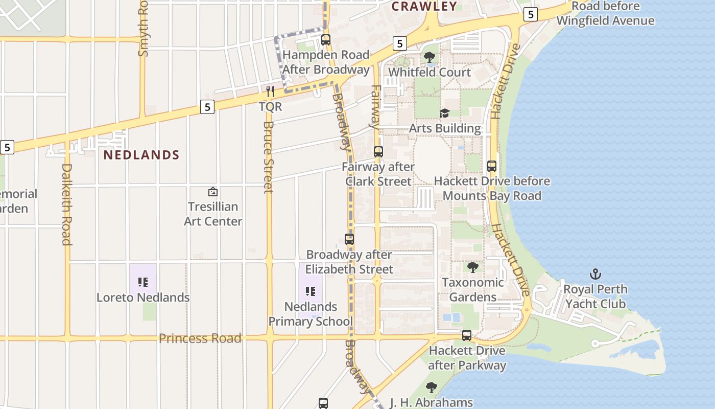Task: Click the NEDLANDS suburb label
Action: [141, 155]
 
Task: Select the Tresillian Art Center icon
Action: [213, 192]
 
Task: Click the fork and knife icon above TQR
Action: [270, 92]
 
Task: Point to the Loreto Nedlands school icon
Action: [143, 282]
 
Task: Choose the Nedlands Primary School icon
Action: [311, 291]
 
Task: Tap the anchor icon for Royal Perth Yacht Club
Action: [594, 274]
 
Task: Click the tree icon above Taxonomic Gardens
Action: [473, 267]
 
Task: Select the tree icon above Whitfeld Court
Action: [430, 57]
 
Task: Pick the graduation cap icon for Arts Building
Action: [444, 113]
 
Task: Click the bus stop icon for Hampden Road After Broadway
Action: [326, 39]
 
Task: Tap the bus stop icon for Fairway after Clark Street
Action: [378, 151]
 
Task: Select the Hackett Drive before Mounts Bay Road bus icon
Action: [492, 166]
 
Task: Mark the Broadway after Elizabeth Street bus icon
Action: [349, 239]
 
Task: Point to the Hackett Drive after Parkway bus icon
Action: [467, 335]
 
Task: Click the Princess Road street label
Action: [200, 338]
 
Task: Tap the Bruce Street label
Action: [269, 157]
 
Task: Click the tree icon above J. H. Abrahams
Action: [432, 387]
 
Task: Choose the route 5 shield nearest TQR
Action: [207, 107]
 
